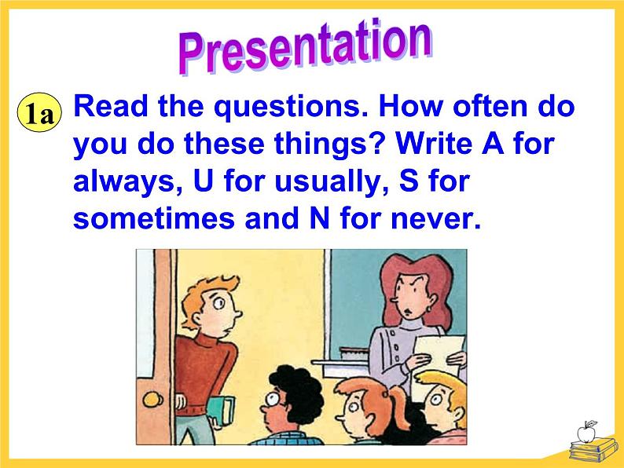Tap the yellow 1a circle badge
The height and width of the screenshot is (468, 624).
click(39, 112)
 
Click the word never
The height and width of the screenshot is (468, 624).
click(435, 219)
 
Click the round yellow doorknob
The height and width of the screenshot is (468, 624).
click(152, 399)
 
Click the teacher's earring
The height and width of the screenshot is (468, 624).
click(430, 309)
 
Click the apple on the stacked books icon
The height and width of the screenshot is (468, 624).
click(585, 432)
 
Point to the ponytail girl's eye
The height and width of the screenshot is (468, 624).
click(354, 408)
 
